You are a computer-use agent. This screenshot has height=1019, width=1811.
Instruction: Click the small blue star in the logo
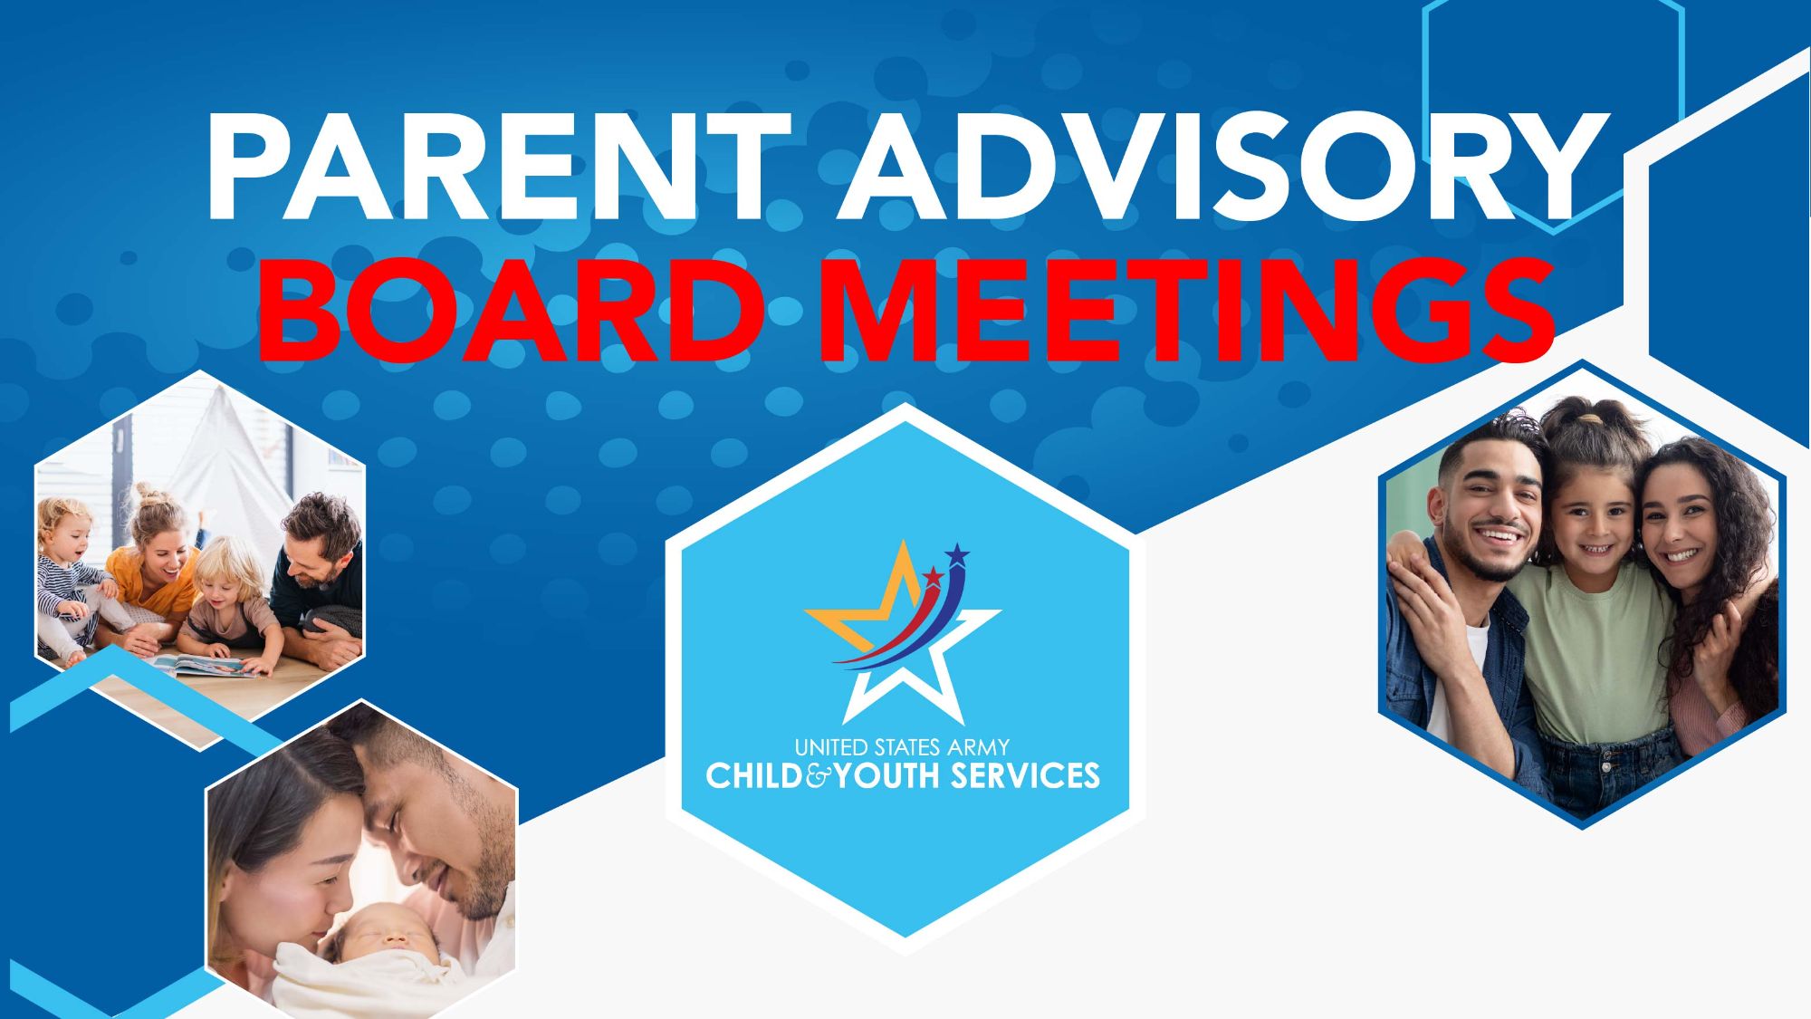(956, 553)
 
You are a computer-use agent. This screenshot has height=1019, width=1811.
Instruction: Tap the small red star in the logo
(932, 575)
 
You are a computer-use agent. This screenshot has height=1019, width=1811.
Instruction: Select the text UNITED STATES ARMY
(902, 747)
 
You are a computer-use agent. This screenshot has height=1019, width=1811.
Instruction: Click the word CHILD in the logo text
(753, 775)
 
